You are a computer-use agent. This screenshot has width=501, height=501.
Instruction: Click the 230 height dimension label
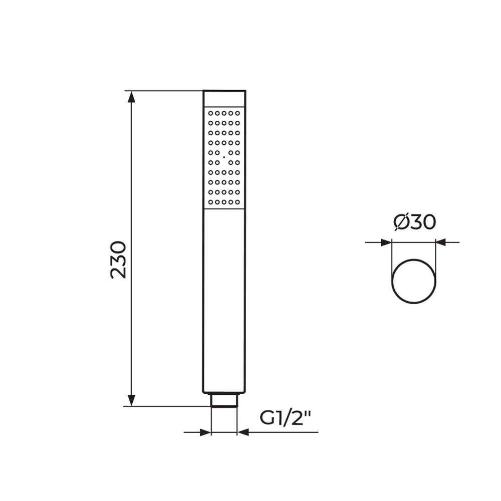click(118, 260)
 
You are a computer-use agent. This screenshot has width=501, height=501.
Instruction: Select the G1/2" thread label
click(285, 418)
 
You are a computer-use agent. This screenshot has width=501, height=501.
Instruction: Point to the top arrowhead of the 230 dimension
click(131, 97)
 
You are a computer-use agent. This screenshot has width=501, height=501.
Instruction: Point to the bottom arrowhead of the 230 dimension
click(131, 400)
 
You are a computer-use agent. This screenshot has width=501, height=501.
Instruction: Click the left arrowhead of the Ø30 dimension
click(386, 242)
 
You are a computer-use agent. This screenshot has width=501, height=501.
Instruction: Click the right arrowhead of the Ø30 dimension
click(441, 242)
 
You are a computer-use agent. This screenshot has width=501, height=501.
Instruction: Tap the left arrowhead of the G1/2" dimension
click(205, 433)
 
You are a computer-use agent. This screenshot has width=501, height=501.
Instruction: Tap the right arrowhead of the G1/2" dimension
click(243, 432)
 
